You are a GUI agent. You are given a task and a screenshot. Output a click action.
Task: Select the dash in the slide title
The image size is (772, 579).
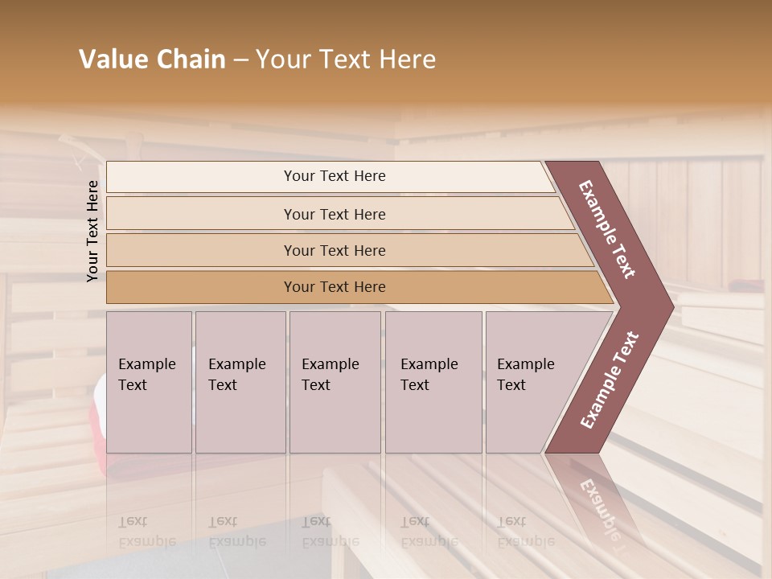point(240,60)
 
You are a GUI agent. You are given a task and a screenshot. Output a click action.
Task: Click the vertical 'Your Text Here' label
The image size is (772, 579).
point(93,231)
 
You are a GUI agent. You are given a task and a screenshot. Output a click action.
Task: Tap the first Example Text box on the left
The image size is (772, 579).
point(149,382)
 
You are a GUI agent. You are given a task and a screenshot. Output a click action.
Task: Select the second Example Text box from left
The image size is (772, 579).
point(240,382)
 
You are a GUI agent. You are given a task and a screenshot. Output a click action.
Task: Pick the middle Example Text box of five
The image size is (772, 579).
point(335,382)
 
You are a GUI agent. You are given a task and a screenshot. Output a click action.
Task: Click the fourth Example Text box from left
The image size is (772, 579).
point(433,382)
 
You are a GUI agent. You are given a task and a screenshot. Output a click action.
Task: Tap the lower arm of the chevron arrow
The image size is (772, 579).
point(609,380)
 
